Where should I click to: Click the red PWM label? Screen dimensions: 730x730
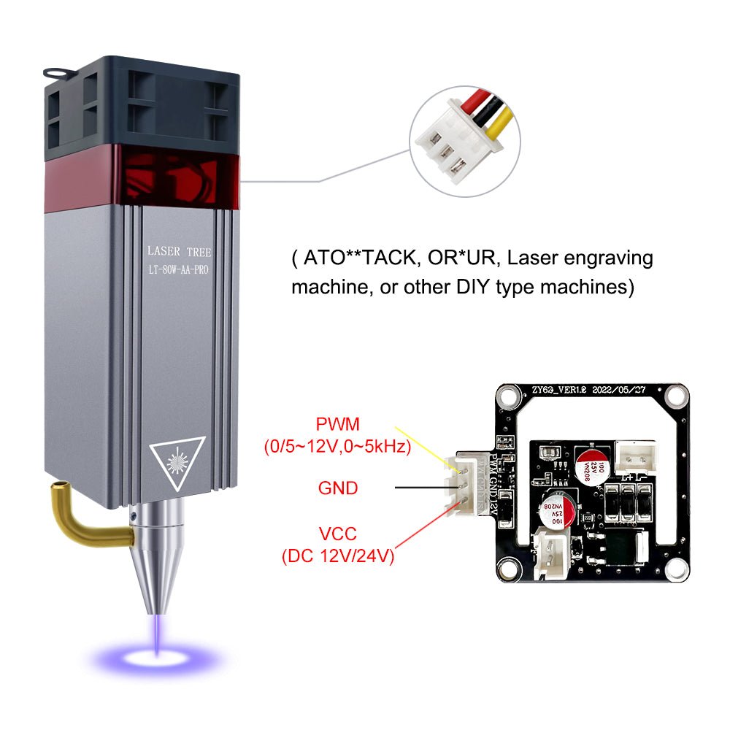tap(337, 424)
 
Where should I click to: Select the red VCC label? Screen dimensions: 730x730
tap(337, 535)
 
